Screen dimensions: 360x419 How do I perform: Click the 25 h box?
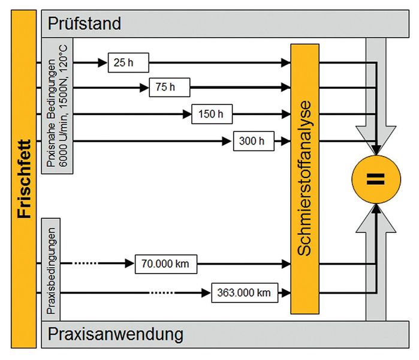pyautogui.click(x=128, y=62)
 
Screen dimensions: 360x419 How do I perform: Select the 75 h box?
pyautogui.click(x=170, y=88)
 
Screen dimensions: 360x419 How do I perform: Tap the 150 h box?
pyautogui.click(x=212, y=113)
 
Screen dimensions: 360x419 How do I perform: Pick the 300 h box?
pyautogui.click(x=253, y=142)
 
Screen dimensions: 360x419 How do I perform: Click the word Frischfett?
pyautogui.click(x=24, y=180)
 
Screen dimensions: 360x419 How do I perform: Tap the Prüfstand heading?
pyautogui.click(x=85, y=23)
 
